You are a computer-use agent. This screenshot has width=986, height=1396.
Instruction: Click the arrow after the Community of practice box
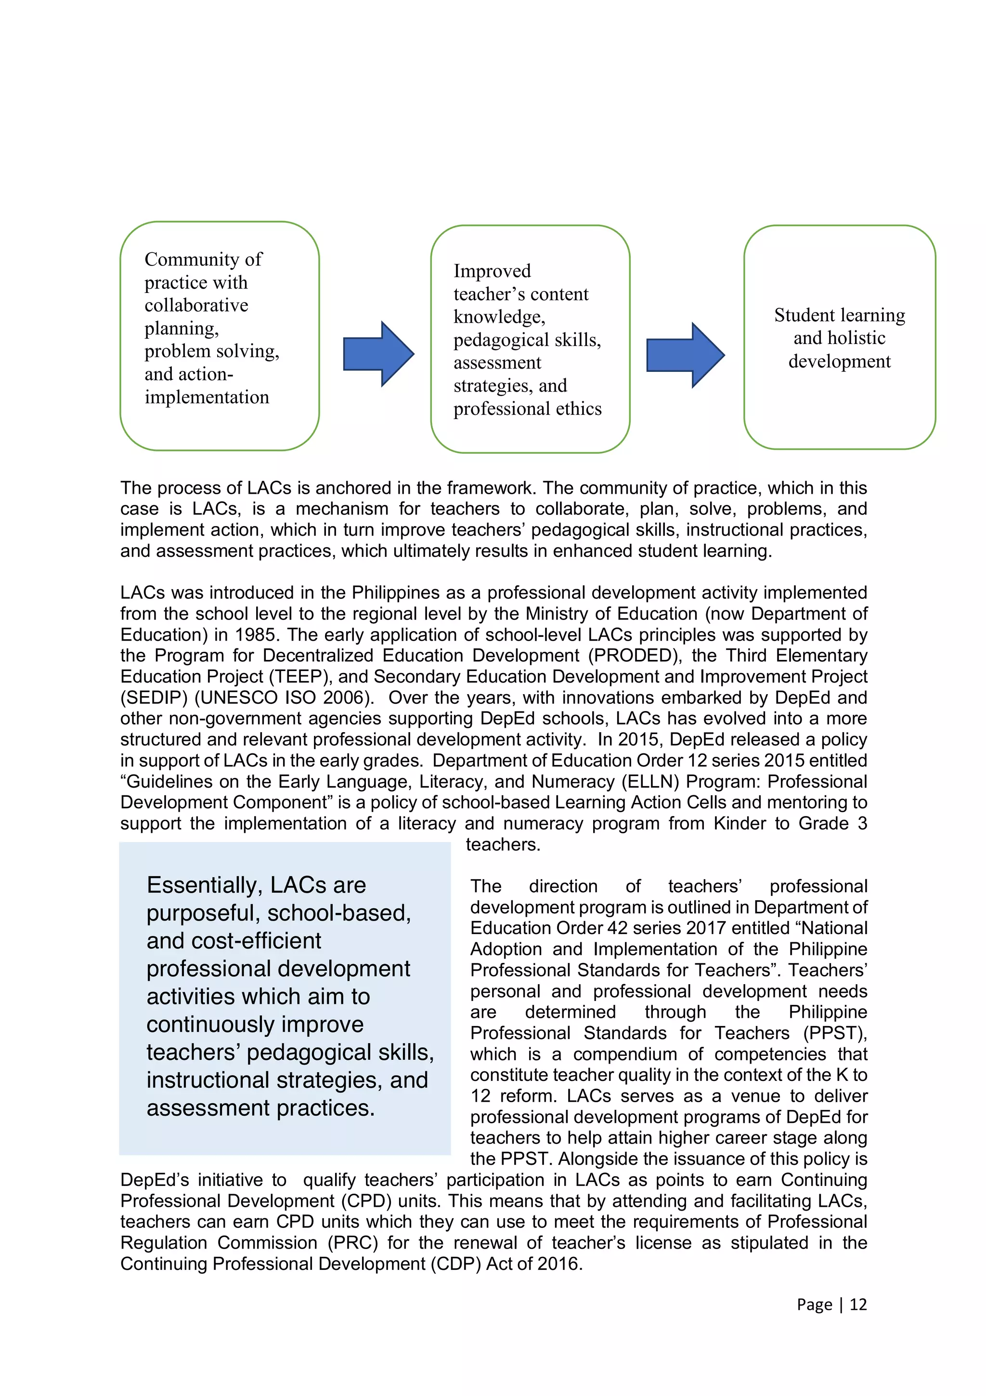click(378, 354)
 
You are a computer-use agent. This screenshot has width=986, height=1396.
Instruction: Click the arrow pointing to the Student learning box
click(684, 355)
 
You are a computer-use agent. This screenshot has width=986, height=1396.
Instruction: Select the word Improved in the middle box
click(492, 271)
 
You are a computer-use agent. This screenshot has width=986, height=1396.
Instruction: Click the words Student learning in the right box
click(839, 315)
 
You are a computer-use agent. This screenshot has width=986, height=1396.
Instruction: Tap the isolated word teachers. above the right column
click(503, 844)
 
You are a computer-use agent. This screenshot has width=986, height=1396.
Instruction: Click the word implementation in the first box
click(207, 397)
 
